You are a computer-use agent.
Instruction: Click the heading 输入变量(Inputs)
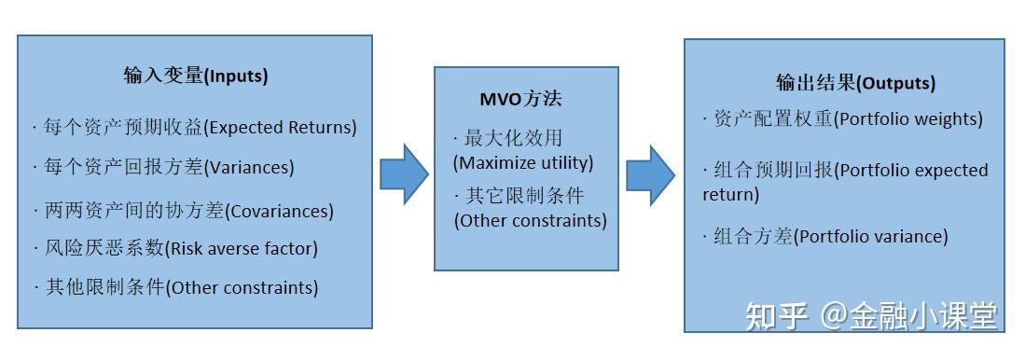pyautogui.click(x=195, y=76)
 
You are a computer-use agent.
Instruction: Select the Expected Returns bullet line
pyautogui.click(x=195, y=127)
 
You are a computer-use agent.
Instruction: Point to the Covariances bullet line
pyautogui.click(x=183, y=211)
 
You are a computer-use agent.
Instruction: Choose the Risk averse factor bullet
pyautogui.click(x=175, y=248)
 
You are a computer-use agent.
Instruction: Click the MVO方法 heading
pyautogui.click(x=520, y=99)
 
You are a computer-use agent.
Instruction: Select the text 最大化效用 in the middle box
pyautogui.click(x=513, y=138)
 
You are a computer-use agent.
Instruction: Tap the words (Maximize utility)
pyautogui.click(x=523, y=162)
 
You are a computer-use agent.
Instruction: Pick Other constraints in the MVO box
pyautogui.click(x=530, y=221)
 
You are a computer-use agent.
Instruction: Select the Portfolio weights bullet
pyautogui.click(x=843, y=119)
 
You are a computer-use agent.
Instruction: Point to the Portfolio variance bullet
pyautogui.click(x=825, y=237)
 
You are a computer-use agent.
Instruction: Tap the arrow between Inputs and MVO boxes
pyautogui.click(x=404, y=174)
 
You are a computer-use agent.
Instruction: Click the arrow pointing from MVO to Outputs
pyautogui.click(x=650, y=174)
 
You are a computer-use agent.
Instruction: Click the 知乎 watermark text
pyautogui.click(x=777, y=316)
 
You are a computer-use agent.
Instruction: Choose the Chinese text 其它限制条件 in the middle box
pyautogui.click(x=523, y=197)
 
